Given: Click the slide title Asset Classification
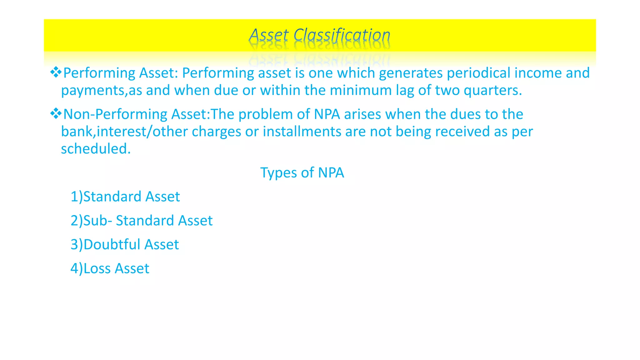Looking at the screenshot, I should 319,35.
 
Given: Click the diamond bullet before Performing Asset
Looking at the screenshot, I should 56,72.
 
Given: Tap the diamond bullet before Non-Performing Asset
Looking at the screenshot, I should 56,113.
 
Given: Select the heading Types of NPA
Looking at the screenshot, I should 302,172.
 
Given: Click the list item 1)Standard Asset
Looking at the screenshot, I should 125,197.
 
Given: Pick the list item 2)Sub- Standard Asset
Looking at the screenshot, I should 141,221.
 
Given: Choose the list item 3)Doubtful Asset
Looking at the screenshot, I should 124,244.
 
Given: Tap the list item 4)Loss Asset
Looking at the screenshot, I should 110,268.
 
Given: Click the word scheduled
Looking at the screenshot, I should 96,149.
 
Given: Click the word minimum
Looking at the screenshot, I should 361,90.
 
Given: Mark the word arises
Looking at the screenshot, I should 362,114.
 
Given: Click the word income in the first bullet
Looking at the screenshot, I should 538,73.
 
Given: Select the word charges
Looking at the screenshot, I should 216,132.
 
